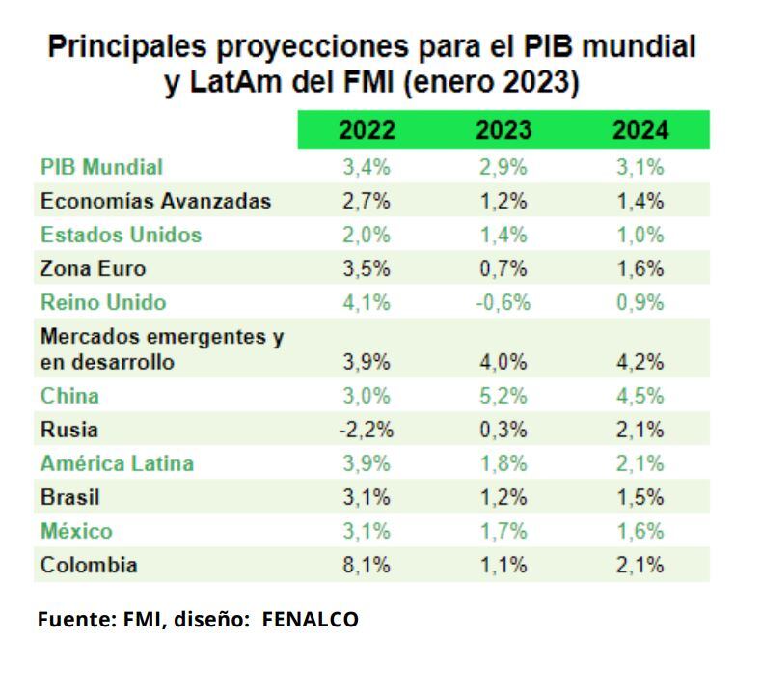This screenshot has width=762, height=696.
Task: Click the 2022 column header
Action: [367, 130]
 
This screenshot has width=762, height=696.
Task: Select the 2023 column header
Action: [503, 130]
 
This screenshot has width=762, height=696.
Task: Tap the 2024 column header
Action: [640, 130]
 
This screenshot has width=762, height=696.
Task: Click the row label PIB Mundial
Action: [101, 167]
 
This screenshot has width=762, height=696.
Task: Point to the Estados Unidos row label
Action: [121, 235]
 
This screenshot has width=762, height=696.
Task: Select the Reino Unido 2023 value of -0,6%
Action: [503, 302]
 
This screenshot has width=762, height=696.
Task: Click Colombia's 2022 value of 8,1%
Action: [367, 565]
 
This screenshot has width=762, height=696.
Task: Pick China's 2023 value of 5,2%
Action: [503, 396]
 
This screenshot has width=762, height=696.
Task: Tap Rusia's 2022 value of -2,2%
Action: [367, 430]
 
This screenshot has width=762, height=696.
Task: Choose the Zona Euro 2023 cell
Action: [503, 268]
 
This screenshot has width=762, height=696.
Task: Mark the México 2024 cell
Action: [640, 531]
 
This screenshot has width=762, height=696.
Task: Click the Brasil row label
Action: [70, 498]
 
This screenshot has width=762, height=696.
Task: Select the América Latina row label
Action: [117, 463]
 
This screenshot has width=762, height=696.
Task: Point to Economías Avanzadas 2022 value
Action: [367, 201]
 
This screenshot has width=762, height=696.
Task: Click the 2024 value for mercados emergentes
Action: [640, 362]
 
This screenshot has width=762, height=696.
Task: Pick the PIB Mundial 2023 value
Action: [503, 167]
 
